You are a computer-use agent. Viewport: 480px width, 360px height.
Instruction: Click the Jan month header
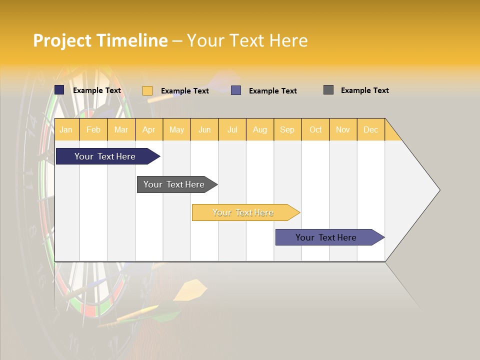click(x=66, y=129)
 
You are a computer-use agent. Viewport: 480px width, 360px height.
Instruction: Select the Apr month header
click(x=148, y=129)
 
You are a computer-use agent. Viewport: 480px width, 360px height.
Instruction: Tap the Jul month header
click(x=232, y=129)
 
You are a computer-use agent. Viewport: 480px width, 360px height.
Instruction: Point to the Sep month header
click(x=287, y=129)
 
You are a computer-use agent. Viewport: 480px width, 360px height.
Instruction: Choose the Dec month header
click(x=370, y=129)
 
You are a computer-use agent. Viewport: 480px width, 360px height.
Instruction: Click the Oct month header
click(x=315, y=129)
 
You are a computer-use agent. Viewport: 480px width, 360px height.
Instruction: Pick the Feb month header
click(x=93, y=129)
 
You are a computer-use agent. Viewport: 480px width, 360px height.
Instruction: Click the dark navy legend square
click(x=59, y=90)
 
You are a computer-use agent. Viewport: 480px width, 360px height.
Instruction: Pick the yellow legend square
click(x=147, y=90)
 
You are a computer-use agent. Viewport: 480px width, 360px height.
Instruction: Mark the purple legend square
click(x=236, y=90)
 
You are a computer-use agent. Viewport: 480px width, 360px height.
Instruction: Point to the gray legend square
click(x=328, y=90)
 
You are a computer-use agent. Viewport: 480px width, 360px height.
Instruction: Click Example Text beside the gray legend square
click(x=364, y=90)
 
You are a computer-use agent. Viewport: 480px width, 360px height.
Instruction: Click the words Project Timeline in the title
click(x=100, y=40)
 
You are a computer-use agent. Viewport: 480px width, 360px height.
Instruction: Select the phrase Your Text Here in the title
click(x=247, y=40)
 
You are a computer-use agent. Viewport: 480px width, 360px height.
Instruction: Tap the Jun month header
click(x=204, y=129)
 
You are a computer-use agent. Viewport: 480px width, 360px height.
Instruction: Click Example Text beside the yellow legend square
click(x=184, y=91)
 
